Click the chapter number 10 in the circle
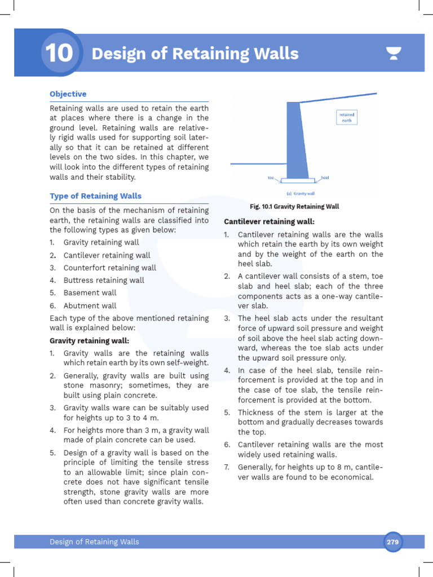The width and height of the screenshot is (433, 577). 58,54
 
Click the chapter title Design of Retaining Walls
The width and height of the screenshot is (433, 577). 195,54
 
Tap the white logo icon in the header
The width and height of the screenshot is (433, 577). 394,54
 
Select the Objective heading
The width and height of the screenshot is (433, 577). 68,94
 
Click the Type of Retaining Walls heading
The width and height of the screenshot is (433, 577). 95,196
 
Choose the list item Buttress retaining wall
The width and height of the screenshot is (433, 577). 104,280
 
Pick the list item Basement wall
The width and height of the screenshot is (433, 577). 90,293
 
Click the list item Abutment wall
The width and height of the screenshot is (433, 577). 90,305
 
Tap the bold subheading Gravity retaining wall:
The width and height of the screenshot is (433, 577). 89,341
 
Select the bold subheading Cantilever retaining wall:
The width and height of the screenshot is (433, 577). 269,221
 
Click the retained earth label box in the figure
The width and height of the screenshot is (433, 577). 347,117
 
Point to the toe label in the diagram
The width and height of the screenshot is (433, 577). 271,178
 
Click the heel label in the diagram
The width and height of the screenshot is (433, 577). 325,178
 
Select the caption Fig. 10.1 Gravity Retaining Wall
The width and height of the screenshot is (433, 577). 294,207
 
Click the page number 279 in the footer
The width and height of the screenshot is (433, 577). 392,542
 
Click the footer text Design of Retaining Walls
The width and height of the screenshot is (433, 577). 94,542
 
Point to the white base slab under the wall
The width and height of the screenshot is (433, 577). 298,181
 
